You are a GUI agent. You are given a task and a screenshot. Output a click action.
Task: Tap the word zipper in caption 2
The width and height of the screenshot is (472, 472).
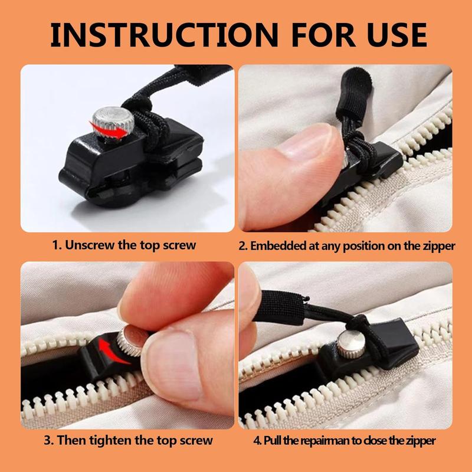click(440, 245)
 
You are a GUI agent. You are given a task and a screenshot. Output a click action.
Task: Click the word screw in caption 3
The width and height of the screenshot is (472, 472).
click(195, 440)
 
